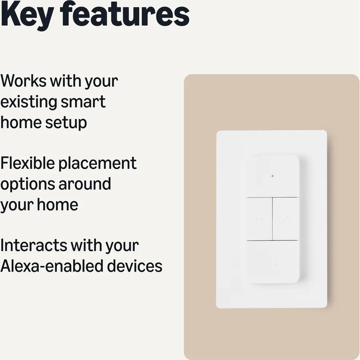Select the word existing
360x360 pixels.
point(29,102)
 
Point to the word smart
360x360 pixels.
point(83,102)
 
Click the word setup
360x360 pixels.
point(66,123)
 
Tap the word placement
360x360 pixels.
point(98,164)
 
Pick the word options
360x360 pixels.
point(27,184)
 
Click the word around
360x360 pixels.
point(84,184)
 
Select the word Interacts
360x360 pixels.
point(34,246)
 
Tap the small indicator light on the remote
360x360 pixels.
point(272,176)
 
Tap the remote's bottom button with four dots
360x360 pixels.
point(273,262)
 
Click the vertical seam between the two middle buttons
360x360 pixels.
point(272,219)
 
